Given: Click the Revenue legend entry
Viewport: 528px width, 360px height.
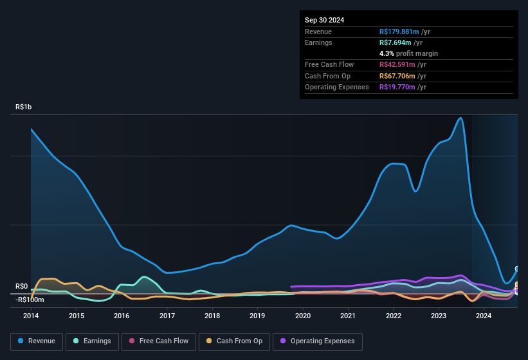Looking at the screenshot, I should [x=37, y=341].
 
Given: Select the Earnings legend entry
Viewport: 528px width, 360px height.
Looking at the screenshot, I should [x=93, y=341].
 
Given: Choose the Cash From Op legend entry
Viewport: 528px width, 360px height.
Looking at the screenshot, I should [x=235, y=341].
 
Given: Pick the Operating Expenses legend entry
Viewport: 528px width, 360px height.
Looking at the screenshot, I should [x=318, y=341].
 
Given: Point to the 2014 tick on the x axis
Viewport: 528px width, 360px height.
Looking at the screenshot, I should [x=31, y=316].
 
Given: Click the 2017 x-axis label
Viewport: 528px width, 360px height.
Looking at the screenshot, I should [x=167, y=316].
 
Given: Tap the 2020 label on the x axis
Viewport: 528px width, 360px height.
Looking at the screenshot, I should [x=302, y=316].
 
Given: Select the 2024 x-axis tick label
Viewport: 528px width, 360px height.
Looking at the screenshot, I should [x=484, y=316].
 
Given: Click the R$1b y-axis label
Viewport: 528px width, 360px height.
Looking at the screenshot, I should [x=23, y=107].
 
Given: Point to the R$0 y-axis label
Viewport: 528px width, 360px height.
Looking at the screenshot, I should [x=22, y=286].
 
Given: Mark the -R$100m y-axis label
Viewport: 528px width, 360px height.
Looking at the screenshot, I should [x=30, y=300].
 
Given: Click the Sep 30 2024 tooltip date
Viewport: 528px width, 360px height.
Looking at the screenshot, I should [x=324, y=20].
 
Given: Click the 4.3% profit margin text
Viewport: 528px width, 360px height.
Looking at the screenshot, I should [x=408, y=53].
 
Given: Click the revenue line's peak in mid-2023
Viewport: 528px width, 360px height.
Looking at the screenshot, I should [x=460, y=118].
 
